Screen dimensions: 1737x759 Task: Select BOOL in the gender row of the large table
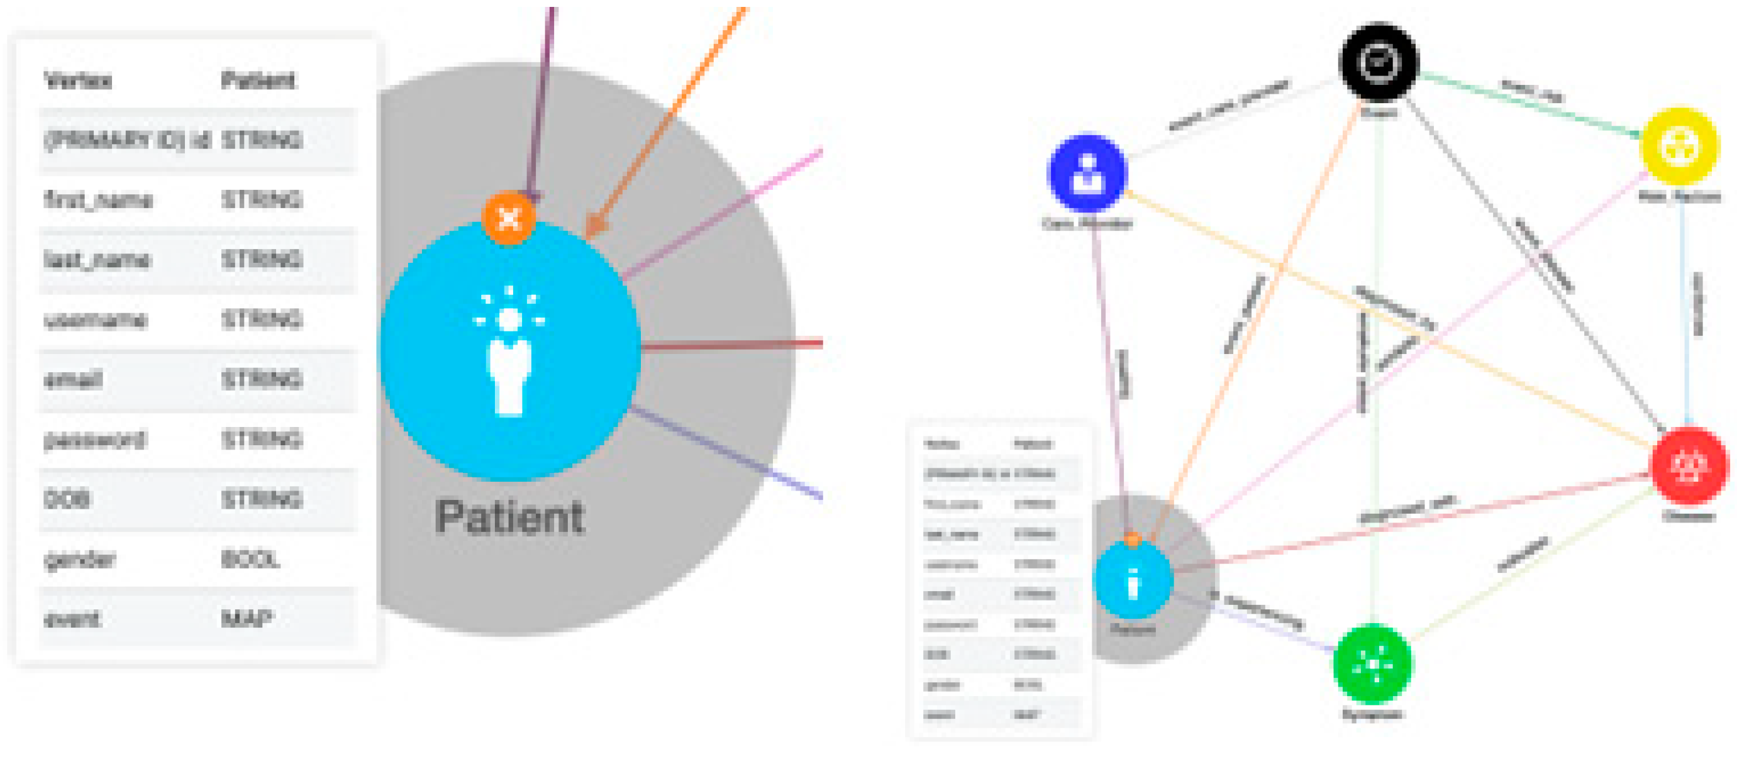coord(250,560)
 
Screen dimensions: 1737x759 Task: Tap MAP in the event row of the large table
coord(247,619)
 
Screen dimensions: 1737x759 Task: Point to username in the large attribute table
coord(95,319)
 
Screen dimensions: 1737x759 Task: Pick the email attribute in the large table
coord(73,380)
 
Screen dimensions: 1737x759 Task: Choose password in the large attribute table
coord(94,440)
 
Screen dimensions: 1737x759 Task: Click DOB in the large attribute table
coord(67,499)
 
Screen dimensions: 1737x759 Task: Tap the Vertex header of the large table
coord(77,81)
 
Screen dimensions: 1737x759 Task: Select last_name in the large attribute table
coord(96,260)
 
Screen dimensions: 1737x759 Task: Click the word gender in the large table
coord(80,560)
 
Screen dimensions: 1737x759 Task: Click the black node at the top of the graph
coord(1379,62)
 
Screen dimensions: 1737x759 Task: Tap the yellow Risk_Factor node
coord(1679,147)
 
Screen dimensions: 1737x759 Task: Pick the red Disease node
coord(1689,465)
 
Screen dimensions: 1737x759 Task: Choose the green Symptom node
coord(1373,665)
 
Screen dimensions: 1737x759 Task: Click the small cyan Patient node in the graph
coord(1133,580)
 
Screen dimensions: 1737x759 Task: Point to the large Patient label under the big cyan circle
coord(509,518)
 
